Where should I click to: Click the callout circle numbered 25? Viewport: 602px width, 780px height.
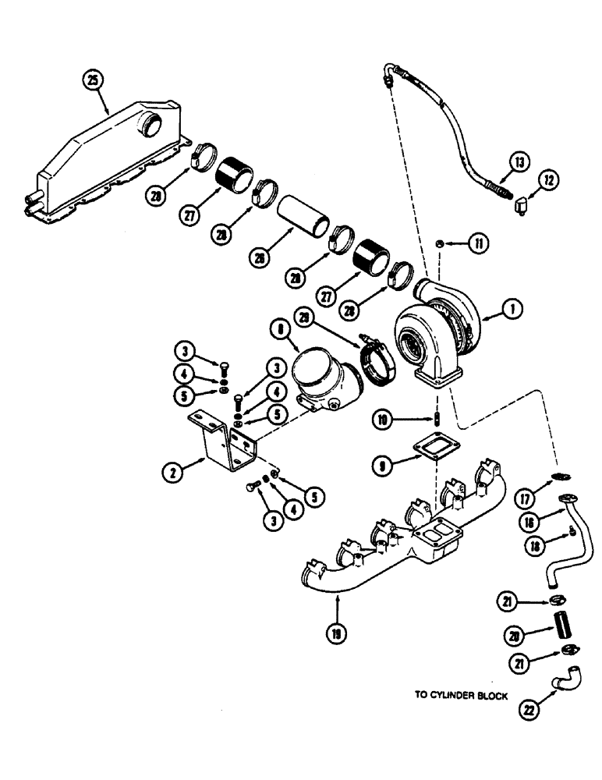tap(94, 80)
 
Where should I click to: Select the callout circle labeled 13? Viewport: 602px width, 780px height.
tap(519, 162)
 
